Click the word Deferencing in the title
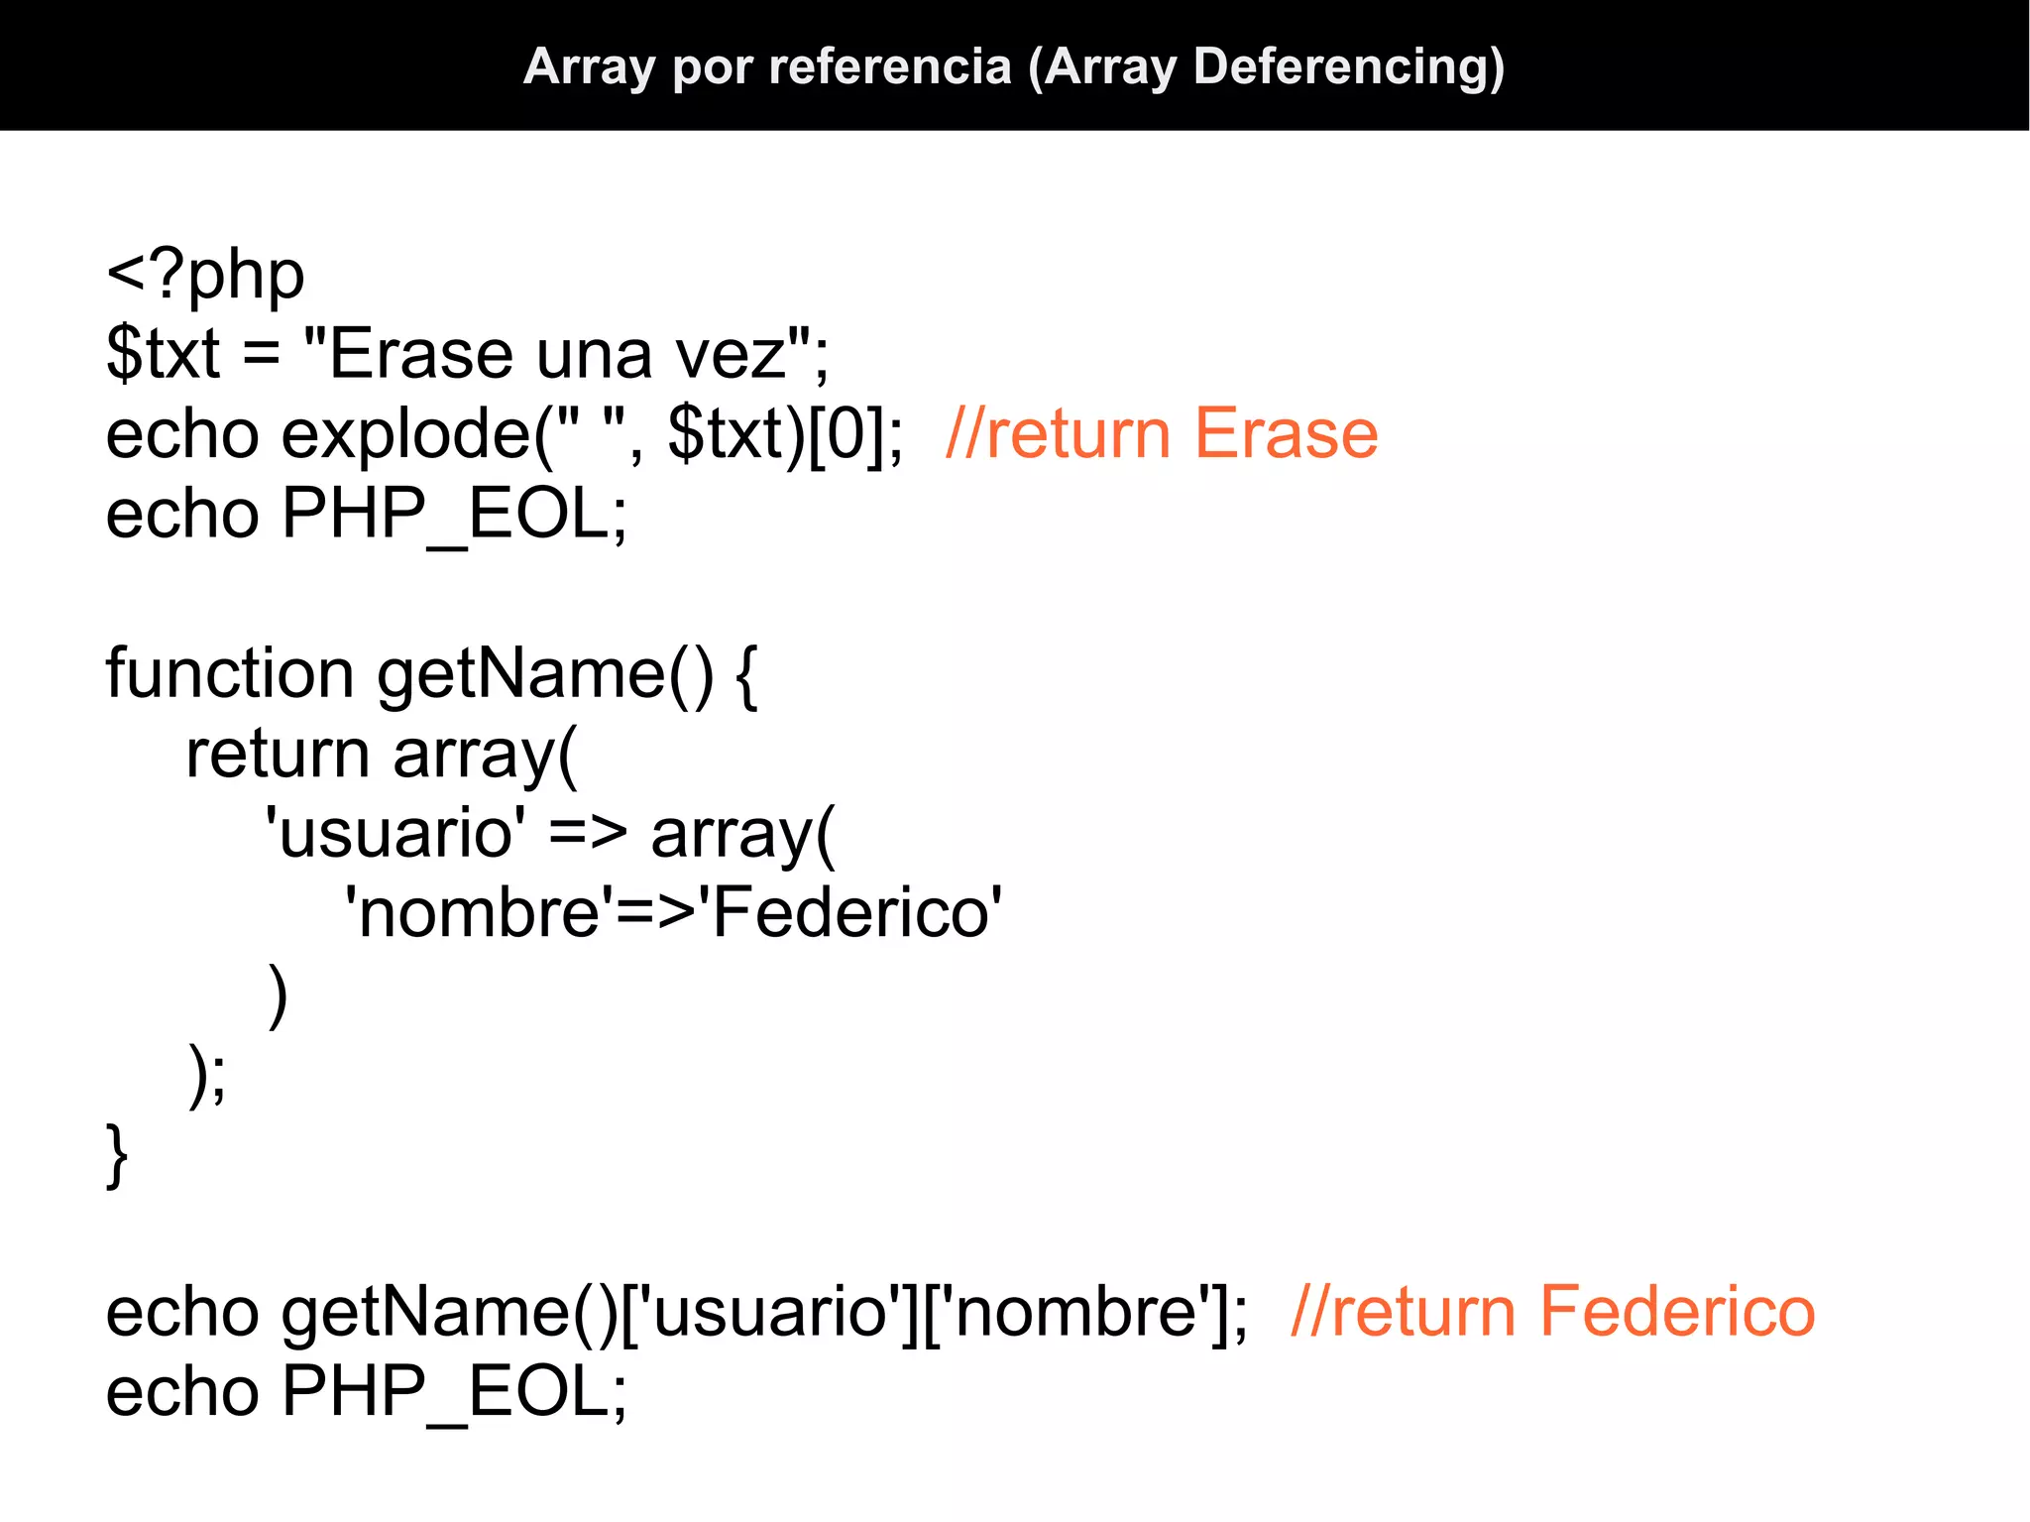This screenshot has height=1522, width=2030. (1349, 67)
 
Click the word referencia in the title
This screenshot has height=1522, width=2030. (890, 67)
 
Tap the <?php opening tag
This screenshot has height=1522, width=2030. (205, 275)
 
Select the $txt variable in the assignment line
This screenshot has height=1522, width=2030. (163, 354)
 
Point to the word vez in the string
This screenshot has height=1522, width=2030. (730, 354)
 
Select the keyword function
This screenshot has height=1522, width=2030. (229, 674)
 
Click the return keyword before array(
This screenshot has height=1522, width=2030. (278, 755)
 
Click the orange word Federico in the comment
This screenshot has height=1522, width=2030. (1676, 1313)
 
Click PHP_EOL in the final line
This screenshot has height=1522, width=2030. (454, 1392)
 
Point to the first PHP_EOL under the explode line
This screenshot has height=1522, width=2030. (454, 515)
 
